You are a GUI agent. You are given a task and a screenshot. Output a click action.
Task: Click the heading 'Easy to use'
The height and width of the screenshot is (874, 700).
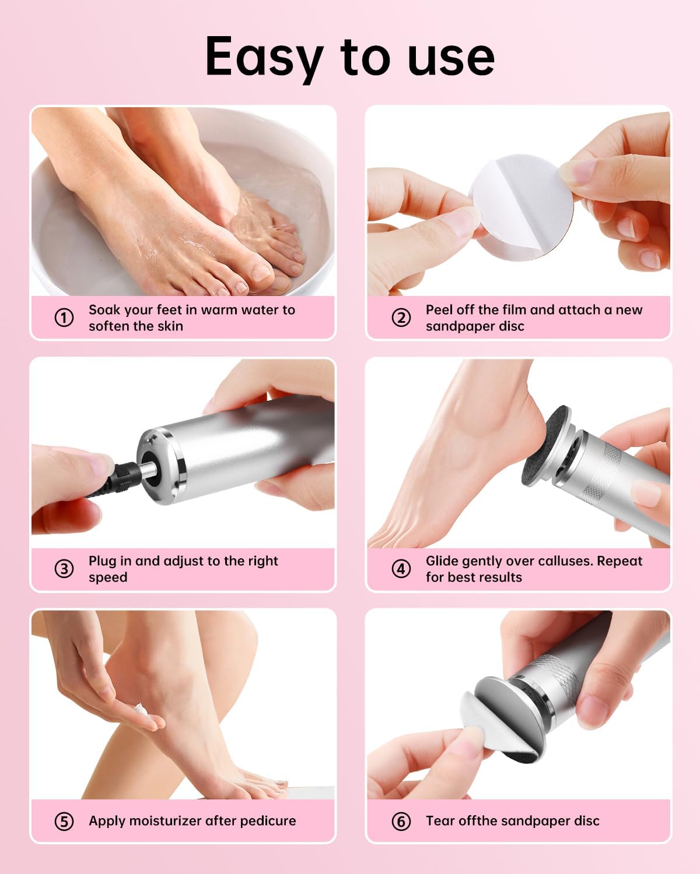coord(350,57)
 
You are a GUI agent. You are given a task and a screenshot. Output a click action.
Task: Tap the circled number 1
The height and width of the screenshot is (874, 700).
coord(64,318)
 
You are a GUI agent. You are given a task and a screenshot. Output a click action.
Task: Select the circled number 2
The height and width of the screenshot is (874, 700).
coord(401,318)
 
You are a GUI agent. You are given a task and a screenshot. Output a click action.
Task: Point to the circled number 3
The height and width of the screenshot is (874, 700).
coord(64,569)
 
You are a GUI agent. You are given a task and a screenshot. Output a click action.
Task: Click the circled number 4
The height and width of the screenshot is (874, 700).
coord(401,569)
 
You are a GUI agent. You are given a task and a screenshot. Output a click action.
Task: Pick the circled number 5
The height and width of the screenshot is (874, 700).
coord(64,822)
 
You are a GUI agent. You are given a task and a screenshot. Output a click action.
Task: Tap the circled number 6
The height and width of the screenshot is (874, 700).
coord(401,822)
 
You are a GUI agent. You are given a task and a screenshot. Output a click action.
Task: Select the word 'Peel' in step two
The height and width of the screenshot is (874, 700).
coord(440,310)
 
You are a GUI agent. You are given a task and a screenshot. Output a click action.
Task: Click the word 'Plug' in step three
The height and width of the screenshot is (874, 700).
coord(103,562)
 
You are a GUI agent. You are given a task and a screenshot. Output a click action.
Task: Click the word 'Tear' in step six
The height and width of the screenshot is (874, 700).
coord(440,821)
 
